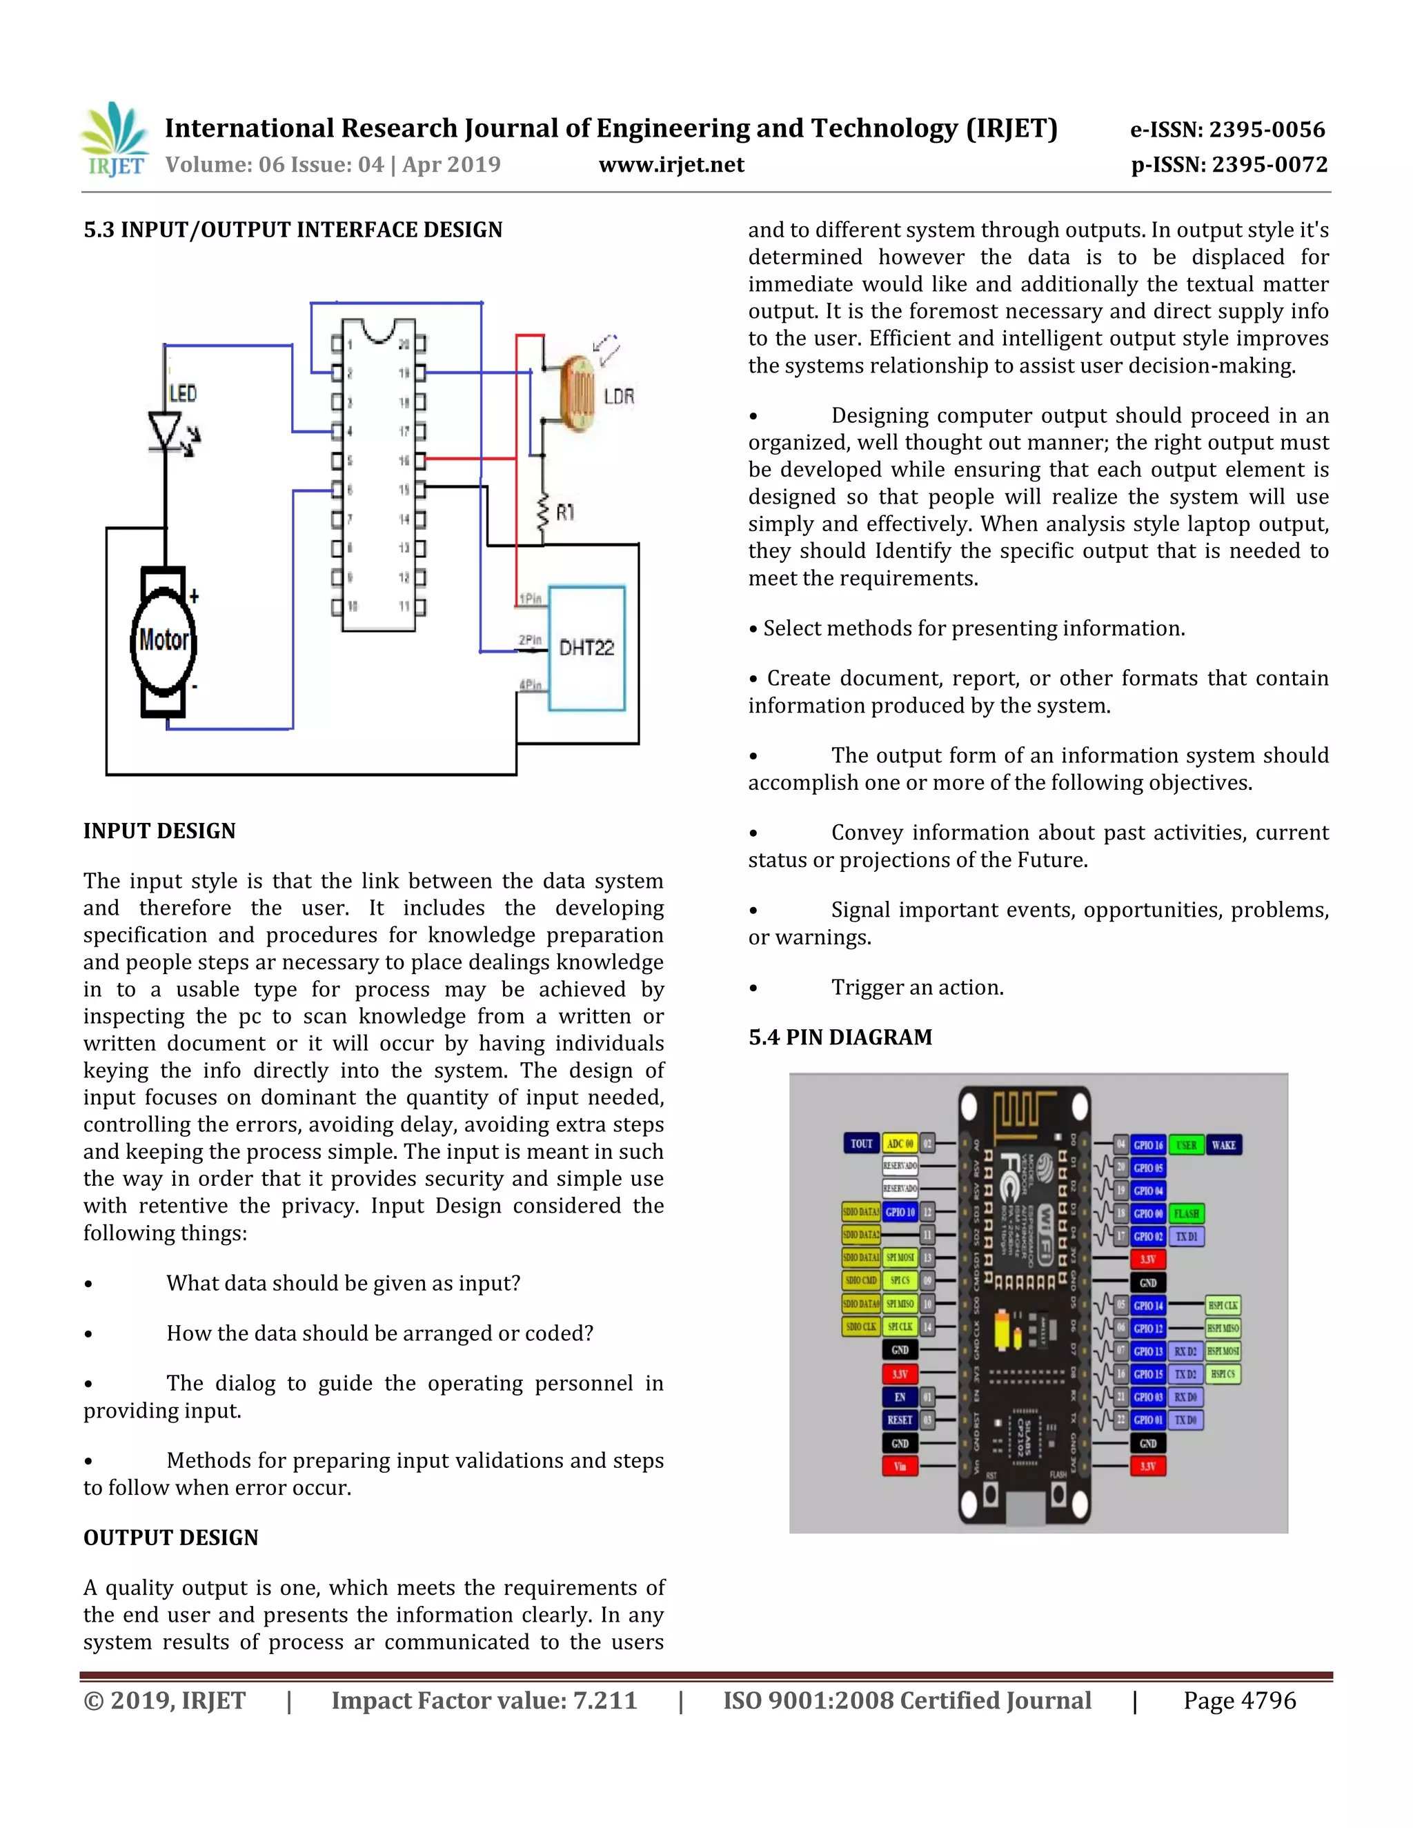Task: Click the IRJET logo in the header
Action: pos(115,140)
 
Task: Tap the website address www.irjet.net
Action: pos(671,165)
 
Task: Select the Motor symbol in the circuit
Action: pos(164,640)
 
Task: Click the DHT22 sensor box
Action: pos(586,648)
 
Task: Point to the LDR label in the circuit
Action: pos(619,397)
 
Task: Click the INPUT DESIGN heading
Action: pos(159,831)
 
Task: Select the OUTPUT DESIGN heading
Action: pos(171,1538)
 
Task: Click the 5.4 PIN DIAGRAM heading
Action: pos(840,1037)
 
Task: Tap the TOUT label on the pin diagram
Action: pos(860,1143)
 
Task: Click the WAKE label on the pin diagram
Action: pos(1223,1145)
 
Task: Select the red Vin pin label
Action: pos(900,1467)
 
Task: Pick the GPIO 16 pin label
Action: pos(1147,1145)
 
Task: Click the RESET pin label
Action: pos(900,1420)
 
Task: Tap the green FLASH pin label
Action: pos(1185,1213)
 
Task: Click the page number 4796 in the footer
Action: pos(1267,1701)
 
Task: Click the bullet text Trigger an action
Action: pos(917,988)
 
